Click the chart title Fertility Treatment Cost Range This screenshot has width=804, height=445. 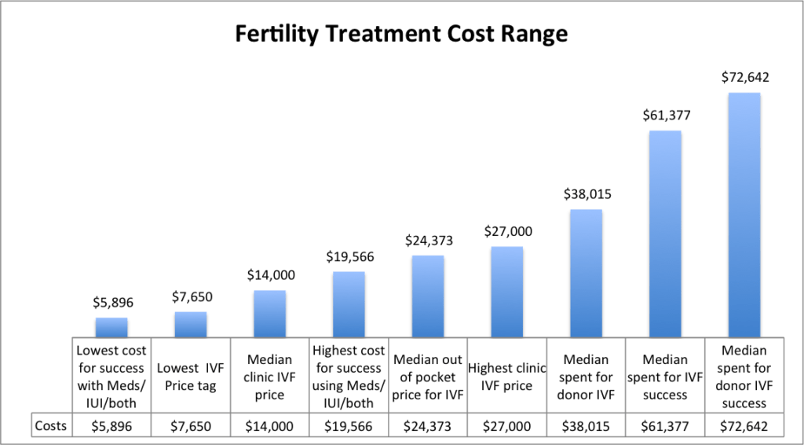[401, 35]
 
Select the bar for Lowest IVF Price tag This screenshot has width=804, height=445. [191, 325]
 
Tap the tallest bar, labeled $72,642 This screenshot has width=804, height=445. [744, 215]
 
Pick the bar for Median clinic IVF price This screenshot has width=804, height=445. [269, 314]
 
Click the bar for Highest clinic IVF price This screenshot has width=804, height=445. [507, 292]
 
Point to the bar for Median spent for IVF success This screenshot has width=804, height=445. [665, 234]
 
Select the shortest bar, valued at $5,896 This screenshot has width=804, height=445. [111, 327]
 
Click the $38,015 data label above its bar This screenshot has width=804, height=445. [586, 194]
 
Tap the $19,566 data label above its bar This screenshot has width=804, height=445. [349, 256]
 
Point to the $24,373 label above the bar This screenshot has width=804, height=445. [428, 240]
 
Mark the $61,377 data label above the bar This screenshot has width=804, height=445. [665, 116]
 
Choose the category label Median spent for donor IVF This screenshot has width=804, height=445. [586, 376]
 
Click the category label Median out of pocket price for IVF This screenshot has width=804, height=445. [428, 376]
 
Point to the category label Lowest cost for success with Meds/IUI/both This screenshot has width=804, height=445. [111, 376]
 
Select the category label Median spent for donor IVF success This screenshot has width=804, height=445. [744, 376]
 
